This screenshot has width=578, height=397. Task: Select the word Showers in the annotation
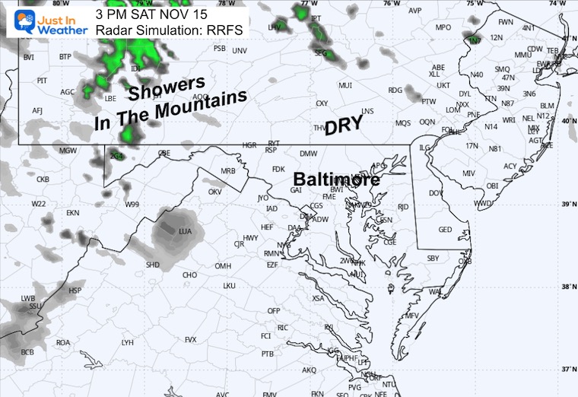(166, 87)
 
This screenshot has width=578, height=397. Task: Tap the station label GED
(446, 230)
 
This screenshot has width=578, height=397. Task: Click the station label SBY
(433, 259)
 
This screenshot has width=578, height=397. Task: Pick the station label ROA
(63, 342)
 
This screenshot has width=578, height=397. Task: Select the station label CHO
(190, 275)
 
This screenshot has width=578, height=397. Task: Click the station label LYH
(127, 342)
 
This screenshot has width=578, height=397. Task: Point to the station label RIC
(282, 328)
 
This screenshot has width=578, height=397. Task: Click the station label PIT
(42, 81)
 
